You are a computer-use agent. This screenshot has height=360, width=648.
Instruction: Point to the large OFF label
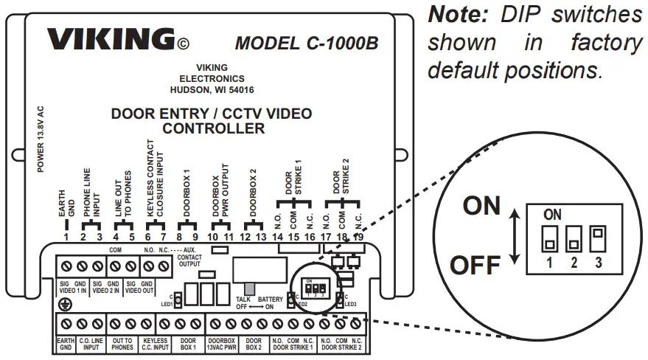475,265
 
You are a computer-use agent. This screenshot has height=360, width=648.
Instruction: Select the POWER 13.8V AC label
41,139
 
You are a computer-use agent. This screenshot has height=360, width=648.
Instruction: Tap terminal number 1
66,238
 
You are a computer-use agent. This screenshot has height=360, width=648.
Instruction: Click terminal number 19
359,238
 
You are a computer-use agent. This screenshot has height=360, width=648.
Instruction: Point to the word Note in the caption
456,15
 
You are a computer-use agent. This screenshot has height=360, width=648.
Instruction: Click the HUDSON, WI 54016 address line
212,90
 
